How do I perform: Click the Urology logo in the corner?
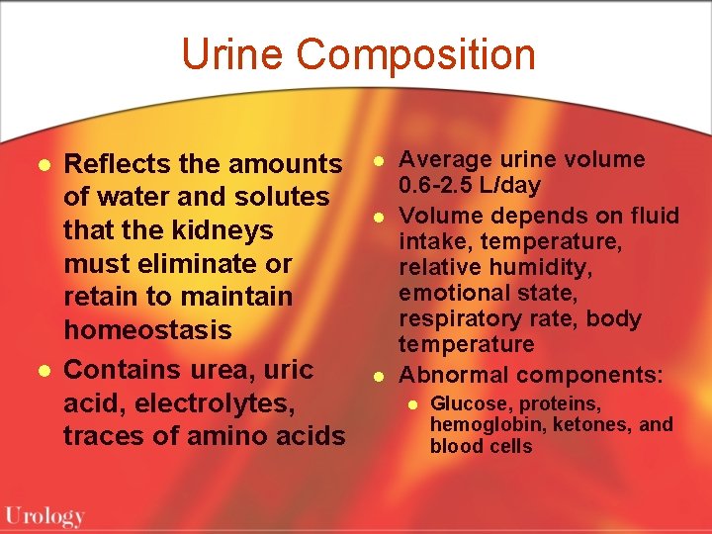(44, 515)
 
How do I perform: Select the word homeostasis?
(147, 329)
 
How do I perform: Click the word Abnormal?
(453, 375)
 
